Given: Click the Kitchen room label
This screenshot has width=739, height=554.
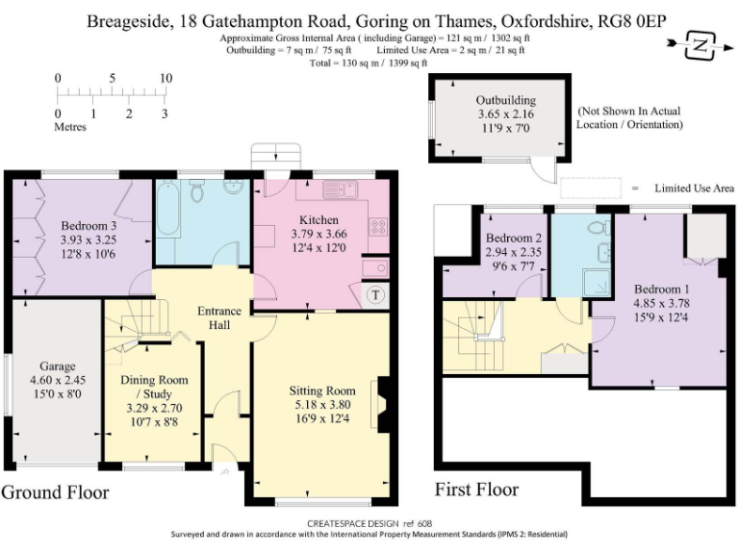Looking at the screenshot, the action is [319, 219].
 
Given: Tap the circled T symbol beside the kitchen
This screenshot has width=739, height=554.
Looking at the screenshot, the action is [375, 295].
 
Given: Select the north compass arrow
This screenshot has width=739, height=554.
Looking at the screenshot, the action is [701, 45].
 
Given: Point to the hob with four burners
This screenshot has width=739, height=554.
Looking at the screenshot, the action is [378, 226].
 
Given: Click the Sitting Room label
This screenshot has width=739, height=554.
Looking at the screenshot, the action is [322, 390].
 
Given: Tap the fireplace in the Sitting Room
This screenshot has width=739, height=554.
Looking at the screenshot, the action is [380, 404].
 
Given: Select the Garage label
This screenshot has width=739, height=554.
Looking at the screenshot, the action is [58, 366].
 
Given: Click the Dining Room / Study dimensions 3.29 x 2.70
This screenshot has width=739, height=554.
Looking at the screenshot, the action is [154, 408].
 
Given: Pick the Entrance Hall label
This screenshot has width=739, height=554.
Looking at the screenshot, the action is [219, 318].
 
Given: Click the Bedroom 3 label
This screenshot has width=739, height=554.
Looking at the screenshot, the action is [89, 225].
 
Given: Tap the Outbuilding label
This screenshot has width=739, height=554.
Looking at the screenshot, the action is [506, 100].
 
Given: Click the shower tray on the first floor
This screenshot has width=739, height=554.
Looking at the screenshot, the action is [597, 283].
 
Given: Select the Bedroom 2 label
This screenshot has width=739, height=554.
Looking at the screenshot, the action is [514, 238].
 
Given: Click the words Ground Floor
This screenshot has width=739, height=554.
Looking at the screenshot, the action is [55, 492].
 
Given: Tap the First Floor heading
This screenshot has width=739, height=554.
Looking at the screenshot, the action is [476, 490].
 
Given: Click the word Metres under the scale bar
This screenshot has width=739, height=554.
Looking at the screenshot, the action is [70, 127].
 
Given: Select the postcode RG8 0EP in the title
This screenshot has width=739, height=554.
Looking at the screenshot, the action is [631, 21].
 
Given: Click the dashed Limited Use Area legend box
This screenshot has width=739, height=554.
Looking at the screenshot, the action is [591, 189].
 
